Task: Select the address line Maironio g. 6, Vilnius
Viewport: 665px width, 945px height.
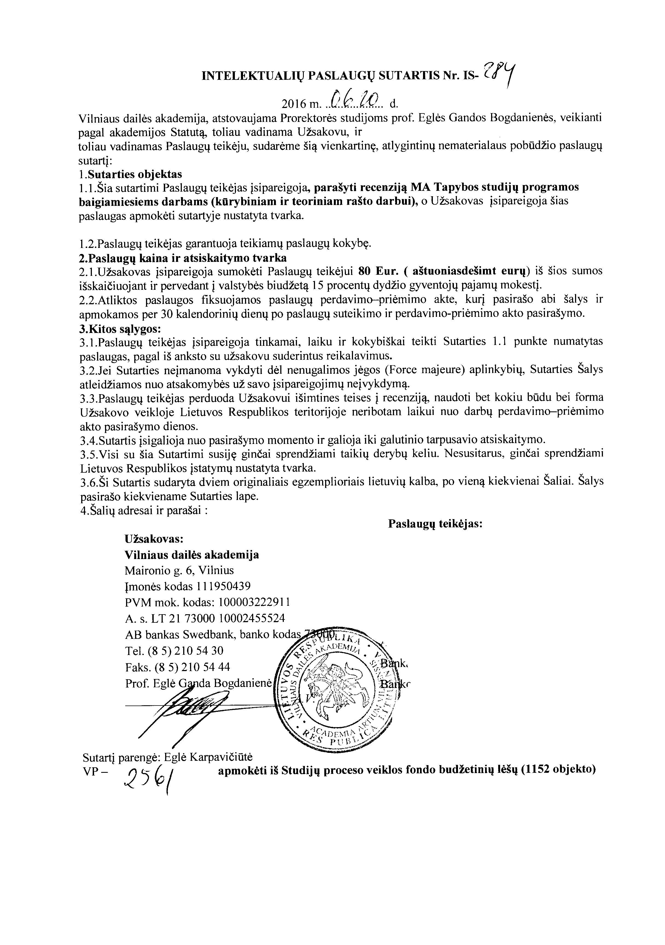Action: click(x=179, y=570)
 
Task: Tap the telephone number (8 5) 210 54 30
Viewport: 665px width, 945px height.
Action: click(x=186, y=650)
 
